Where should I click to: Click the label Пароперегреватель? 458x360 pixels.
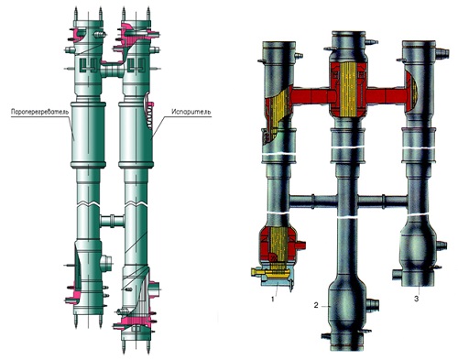(38, 112)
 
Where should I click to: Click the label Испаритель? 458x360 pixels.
(191, 111)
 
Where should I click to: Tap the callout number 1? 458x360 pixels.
(273, 299)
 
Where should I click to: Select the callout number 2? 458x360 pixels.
(316, 305)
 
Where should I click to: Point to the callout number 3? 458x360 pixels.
(416, 299)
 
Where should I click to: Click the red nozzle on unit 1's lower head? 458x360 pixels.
(300, 245)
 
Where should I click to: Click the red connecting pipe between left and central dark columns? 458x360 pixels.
(311, 95)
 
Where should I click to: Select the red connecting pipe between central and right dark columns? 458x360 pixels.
(387, 95)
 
